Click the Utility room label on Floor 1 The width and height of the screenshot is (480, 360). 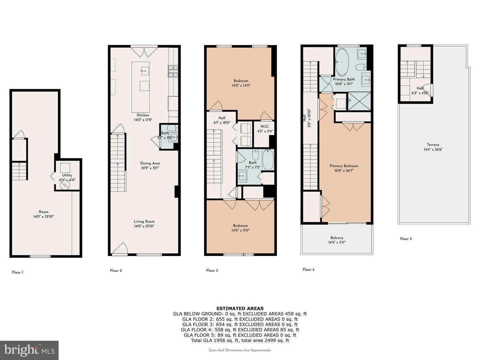coord(67,175)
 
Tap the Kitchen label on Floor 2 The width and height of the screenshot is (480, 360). coord(143,115)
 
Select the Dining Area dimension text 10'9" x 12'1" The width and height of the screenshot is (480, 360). coord(150,168)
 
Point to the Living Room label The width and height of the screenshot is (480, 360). coord(144,221)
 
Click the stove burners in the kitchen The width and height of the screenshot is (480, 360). coord(173,71)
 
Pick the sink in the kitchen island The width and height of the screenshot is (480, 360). coord(145,71)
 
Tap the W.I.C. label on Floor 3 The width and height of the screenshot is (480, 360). coord(265,127)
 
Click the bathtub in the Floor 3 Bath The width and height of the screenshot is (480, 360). coord(268,159)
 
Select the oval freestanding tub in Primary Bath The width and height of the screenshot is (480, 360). coord(342,62)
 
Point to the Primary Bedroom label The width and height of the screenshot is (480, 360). coord(344,166)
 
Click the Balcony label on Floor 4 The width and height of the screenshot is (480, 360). coord(337,238)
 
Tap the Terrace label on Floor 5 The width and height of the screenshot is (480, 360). coord(433,145)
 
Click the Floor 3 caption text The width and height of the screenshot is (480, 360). coord(212,271)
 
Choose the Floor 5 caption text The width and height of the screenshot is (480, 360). coord(406,239)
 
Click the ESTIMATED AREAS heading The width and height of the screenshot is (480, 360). coord(240,309)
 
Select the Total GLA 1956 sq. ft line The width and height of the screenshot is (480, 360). coord(240,341)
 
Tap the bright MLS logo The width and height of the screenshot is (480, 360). coord(29,350)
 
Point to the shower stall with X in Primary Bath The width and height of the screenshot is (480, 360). coord(359,101)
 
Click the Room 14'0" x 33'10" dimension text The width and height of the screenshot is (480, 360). coord(44,217)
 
